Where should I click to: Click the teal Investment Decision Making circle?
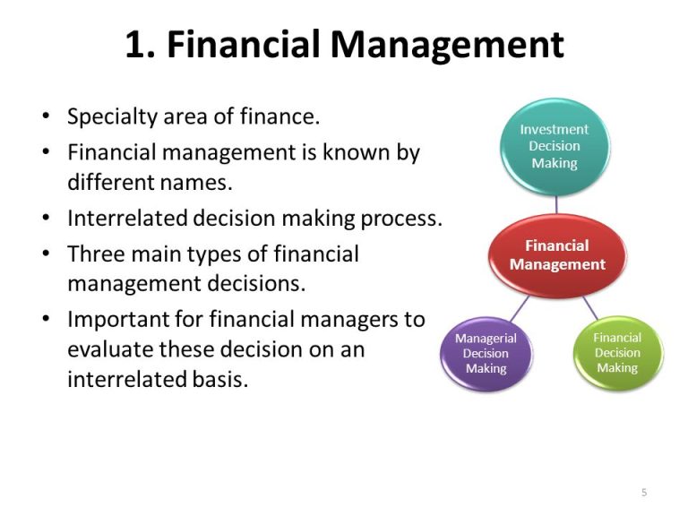point(555,147)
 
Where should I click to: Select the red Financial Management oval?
point(557,255)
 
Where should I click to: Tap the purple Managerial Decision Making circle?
point(486,354)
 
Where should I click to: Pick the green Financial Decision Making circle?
point(618,353)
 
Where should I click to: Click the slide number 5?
point(644,493)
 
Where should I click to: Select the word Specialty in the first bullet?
point(112,117)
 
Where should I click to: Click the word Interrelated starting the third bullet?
point(128,218)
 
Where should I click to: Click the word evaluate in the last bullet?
point(109,349)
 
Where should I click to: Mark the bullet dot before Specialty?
point(46,116)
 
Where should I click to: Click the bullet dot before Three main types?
point(46,254)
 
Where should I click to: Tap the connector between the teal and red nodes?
point(556,204)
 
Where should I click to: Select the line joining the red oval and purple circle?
point(520,308)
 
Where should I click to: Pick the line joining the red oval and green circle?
point(590,307)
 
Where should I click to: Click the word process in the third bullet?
point(401,219)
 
